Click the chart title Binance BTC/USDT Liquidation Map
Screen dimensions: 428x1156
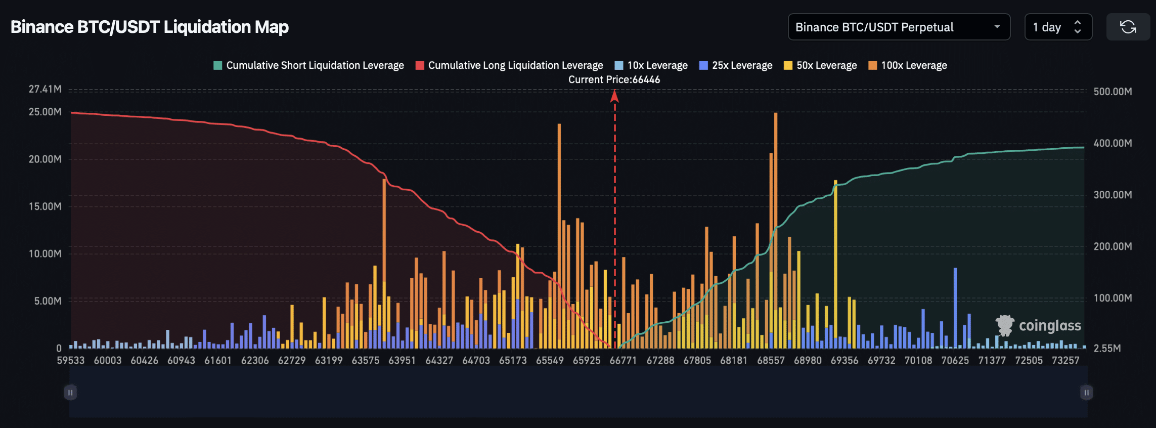click(x=150, y=27)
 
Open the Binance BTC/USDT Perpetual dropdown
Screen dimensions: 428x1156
click(x=899, y=27)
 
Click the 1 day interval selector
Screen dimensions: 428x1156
click(x=1058, y=27)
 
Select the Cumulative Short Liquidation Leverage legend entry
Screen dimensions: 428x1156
click(x=309, y=65)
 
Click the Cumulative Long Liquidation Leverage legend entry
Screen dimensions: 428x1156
click(x=509, y=65)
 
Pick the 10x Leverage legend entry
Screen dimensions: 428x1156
click(x=651, y=65)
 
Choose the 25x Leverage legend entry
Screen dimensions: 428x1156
click(x=736, y=65)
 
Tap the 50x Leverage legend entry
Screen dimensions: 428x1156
click(x=820, y=65)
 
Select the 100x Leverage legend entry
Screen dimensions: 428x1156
click(x=908, y=65)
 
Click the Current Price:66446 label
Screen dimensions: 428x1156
click(x=614, y=79)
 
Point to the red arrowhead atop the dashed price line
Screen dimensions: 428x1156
click(x=614, y=96)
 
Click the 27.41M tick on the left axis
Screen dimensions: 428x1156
click(x=45, y=89)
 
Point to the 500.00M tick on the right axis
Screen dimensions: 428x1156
click(x=1113, y=92)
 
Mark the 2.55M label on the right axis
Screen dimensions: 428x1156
click(x=1107, y=348)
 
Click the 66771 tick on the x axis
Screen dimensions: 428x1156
click(x=623, y=360)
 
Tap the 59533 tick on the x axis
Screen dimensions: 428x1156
click(x=70, y=360)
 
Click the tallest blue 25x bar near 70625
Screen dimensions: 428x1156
click(x=955, y=309)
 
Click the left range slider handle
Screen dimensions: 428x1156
click(x=70, y=393)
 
